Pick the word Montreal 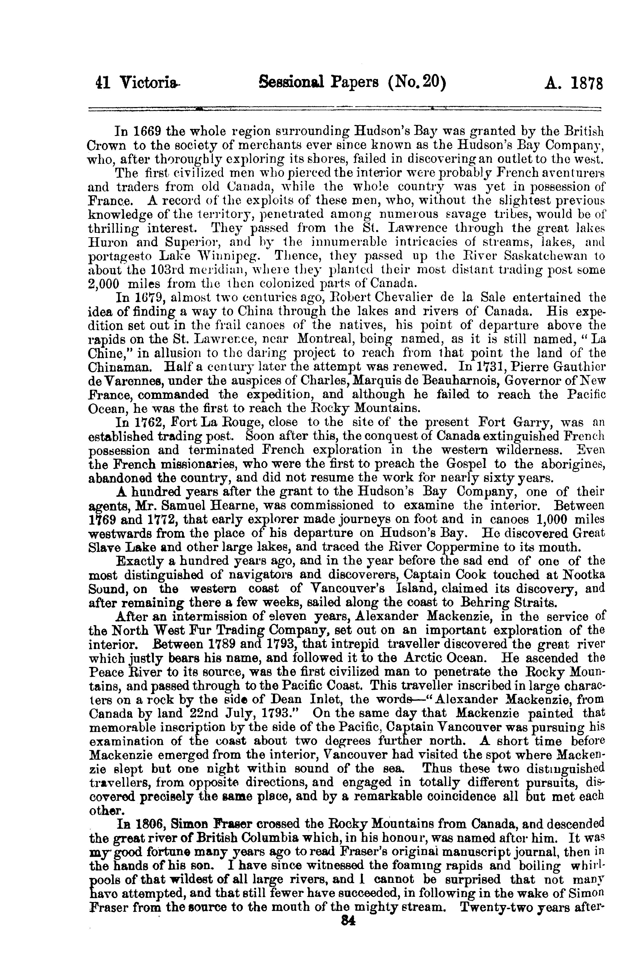[x=328, y=339]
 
